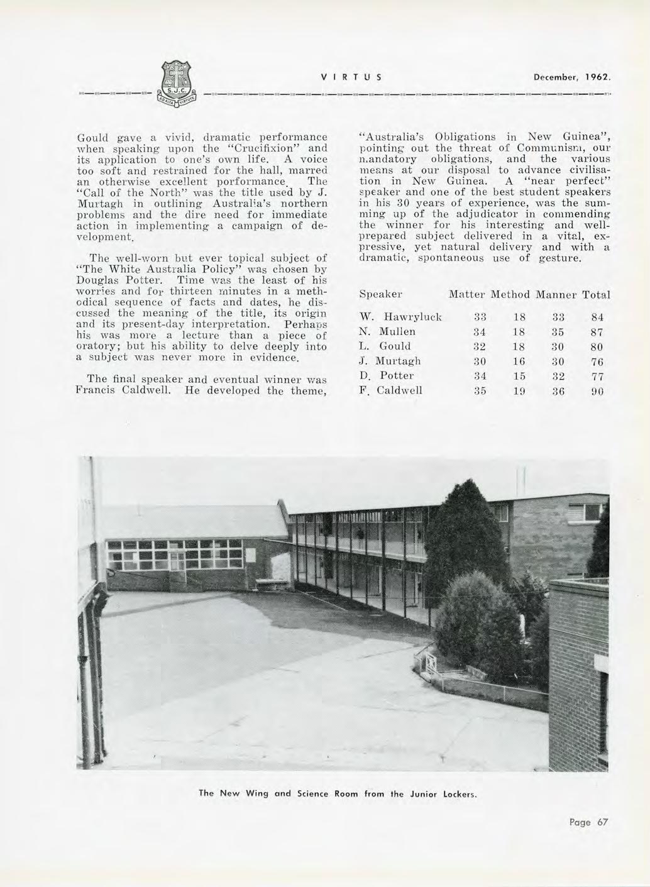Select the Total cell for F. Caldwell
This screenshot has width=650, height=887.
point(597,390)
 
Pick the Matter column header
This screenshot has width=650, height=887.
point(467,294)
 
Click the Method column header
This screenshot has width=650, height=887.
point(511,294)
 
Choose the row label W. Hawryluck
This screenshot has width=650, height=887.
point(400,317)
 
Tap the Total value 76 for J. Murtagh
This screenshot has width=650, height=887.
point(597,361)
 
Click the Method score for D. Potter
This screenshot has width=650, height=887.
point(519,375)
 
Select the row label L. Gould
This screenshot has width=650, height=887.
point(385,346)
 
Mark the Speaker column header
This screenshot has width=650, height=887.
point(380,294)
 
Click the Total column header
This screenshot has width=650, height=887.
point(596,294)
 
